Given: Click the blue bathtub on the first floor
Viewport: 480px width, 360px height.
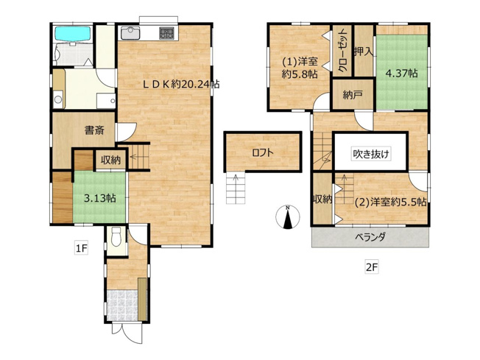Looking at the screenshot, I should click(x=71, y=34).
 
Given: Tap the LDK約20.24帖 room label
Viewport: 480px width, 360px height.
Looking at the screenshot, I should click(x=181, y=84).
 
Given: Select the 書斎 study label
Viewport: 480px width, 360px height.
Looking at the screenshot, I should click(x=93, y=131).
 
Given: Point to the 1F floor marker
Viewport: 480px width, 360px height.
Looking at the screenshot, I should click(x=80, y=250).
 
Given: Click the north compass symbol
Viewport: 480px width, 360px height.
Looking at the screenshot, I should click(x=289, y=216).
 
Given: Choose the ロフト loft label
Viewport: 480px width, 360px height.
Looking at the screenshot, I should click(x=262, y=153).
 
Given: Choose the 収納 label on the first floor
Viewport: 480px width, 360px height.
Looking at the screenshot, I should click(x=111, y=159).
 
